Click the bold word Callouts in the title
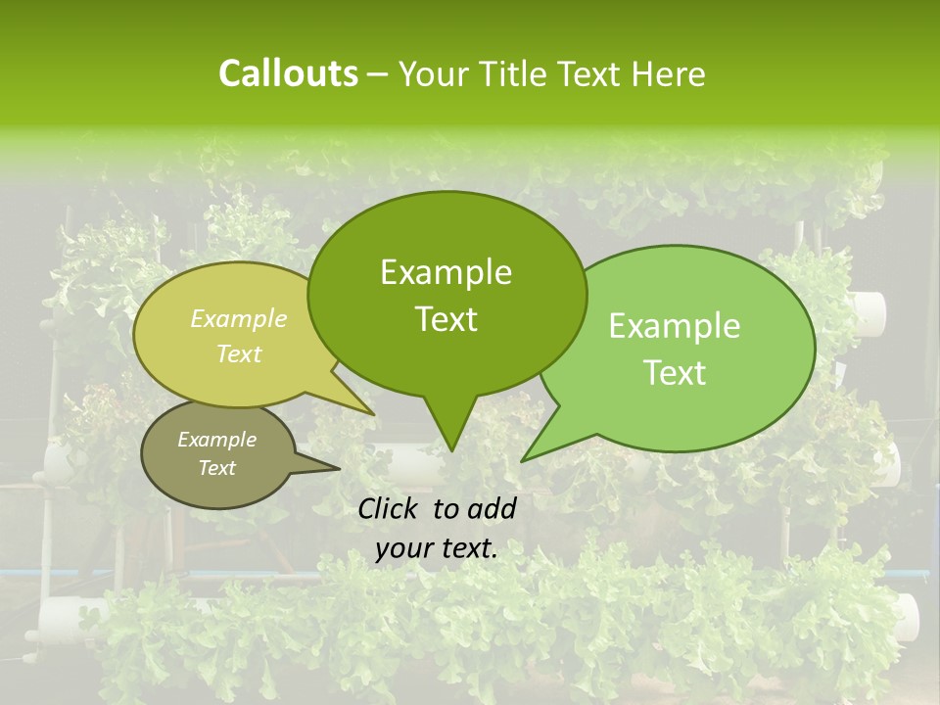(288, 73)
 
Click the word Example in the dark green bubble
(446, 272)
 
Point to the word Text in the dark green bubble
(446, 319)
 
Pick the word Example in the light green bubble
(675, 326)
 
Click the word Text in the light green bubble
(675, 373)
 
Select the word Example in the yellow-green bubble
(239, 319)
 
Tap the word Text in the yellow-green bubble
(239, 353)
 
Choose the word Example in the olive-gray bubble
(217, 440)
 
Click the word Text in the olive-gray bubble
(217, 468)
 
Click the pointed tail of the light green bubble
(524, 459)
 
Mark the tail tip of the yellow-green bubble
(373, 414)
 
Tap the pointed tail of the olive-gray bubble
(338, 469)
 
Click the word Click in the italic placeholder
(391, 508)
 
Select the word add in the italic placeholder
(493, 508)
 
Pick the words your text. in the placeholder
(437, 548)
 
